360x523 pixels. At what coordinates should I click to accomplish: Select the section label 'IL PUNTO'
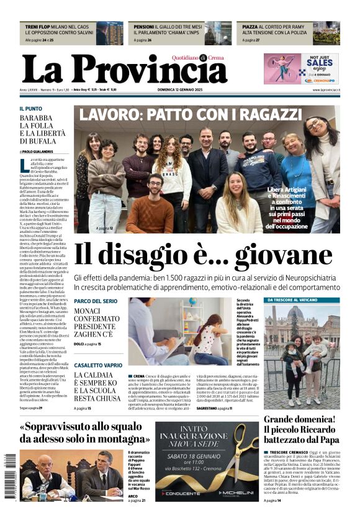[31, 108]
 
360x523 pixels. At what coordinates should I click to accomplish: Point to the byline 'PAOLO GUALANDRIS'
[38, 151]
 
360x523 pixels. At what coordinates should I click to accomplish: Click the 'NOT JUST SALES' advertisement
[302, 68]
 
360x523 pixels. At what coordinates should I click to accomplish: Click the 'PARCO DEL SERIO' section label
[95, 301]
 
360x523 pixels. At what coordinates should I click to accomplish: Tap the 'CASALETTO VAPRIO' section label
[98, 365]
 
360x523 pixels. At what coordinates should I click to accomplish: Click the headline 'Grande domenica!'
[299, 419]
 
